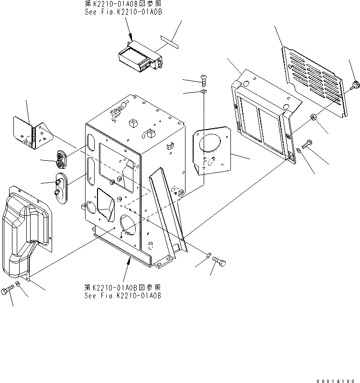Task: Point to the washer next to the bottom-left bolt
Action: pos(18,286)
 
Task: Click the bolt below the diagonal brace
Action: pos(221,262)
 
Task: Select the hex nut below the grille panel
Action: pos(313,117)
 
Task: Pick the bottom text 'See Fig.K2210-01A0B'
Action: pos(122,296)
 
